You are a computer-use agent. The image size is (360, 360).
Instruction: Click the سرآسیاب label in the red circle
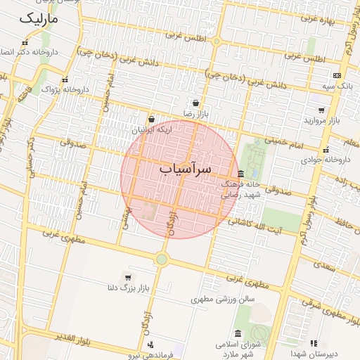tap(185, 169)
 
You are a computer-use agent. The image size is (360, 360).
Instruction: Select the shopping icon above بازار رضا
tap(205, 103)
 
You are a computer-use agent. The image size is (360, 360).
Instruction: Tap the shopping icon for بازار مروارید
tap(321, 110)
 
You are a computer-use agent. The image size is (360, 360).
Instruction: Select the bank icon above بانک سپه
tap(337, 75)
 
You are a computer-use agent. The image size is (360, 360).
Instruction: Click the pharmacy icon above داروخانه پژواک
tap(65, 80)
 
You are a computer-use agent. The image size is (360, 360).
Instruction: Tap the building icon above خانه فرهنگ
tap(240, 174)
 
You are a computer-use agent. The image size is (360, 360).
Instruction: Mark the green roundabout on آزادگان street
tap(162, 259)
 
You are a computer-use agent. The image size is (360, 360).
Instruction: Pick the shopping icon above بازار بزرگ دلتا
tap(127, 276)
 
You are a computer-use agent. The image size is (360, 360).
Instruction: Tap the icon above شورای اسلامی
tap(238, 333)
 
